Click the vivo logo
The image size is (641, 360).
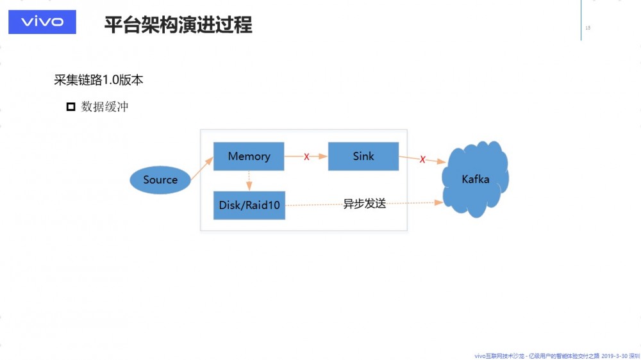point(42,22)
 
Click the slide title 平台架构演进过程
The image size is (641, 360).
point(178,25)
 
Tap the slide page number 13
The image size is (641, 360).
point(588,28)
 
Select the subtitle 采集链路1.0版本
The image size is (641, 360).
point(98,80)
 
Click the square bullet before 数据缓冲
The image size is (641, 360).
point(71,107)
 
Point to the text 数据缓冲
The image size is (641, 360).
point(105,107)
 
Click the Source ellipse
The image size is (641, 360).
point(160,180)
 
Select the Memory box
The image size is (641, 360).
point(249,156)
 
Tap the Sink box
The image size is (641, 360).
point(363,156)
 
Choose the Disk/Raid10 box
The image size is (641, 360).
point(249,205)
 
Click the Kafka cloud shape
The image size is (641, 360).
point(476,179)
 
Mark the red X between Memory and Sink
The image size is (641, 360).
point(306,157)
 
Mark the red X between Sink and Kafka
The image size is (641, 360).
point(422,160)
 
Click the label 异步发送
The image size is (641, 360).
point(365,204)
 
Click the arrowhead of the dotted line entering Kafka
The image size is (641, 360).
point(439,202)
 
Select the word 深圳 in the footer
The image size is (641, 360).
point(634,355)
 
